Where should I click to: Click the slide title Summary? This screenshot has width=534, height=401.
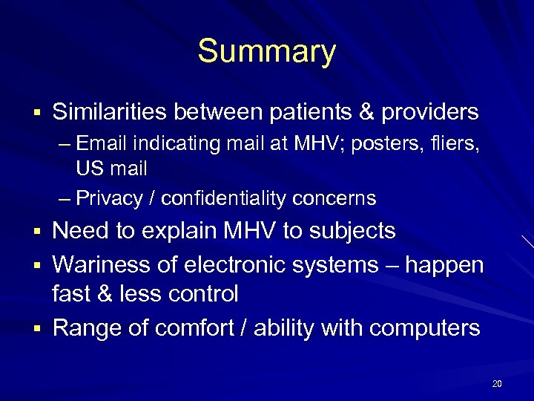(266, 52)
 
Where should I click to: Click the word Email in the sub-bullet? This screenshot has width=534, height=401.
(99, 143)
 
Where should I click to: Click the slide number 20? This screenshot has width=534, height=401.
(497, 383)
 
